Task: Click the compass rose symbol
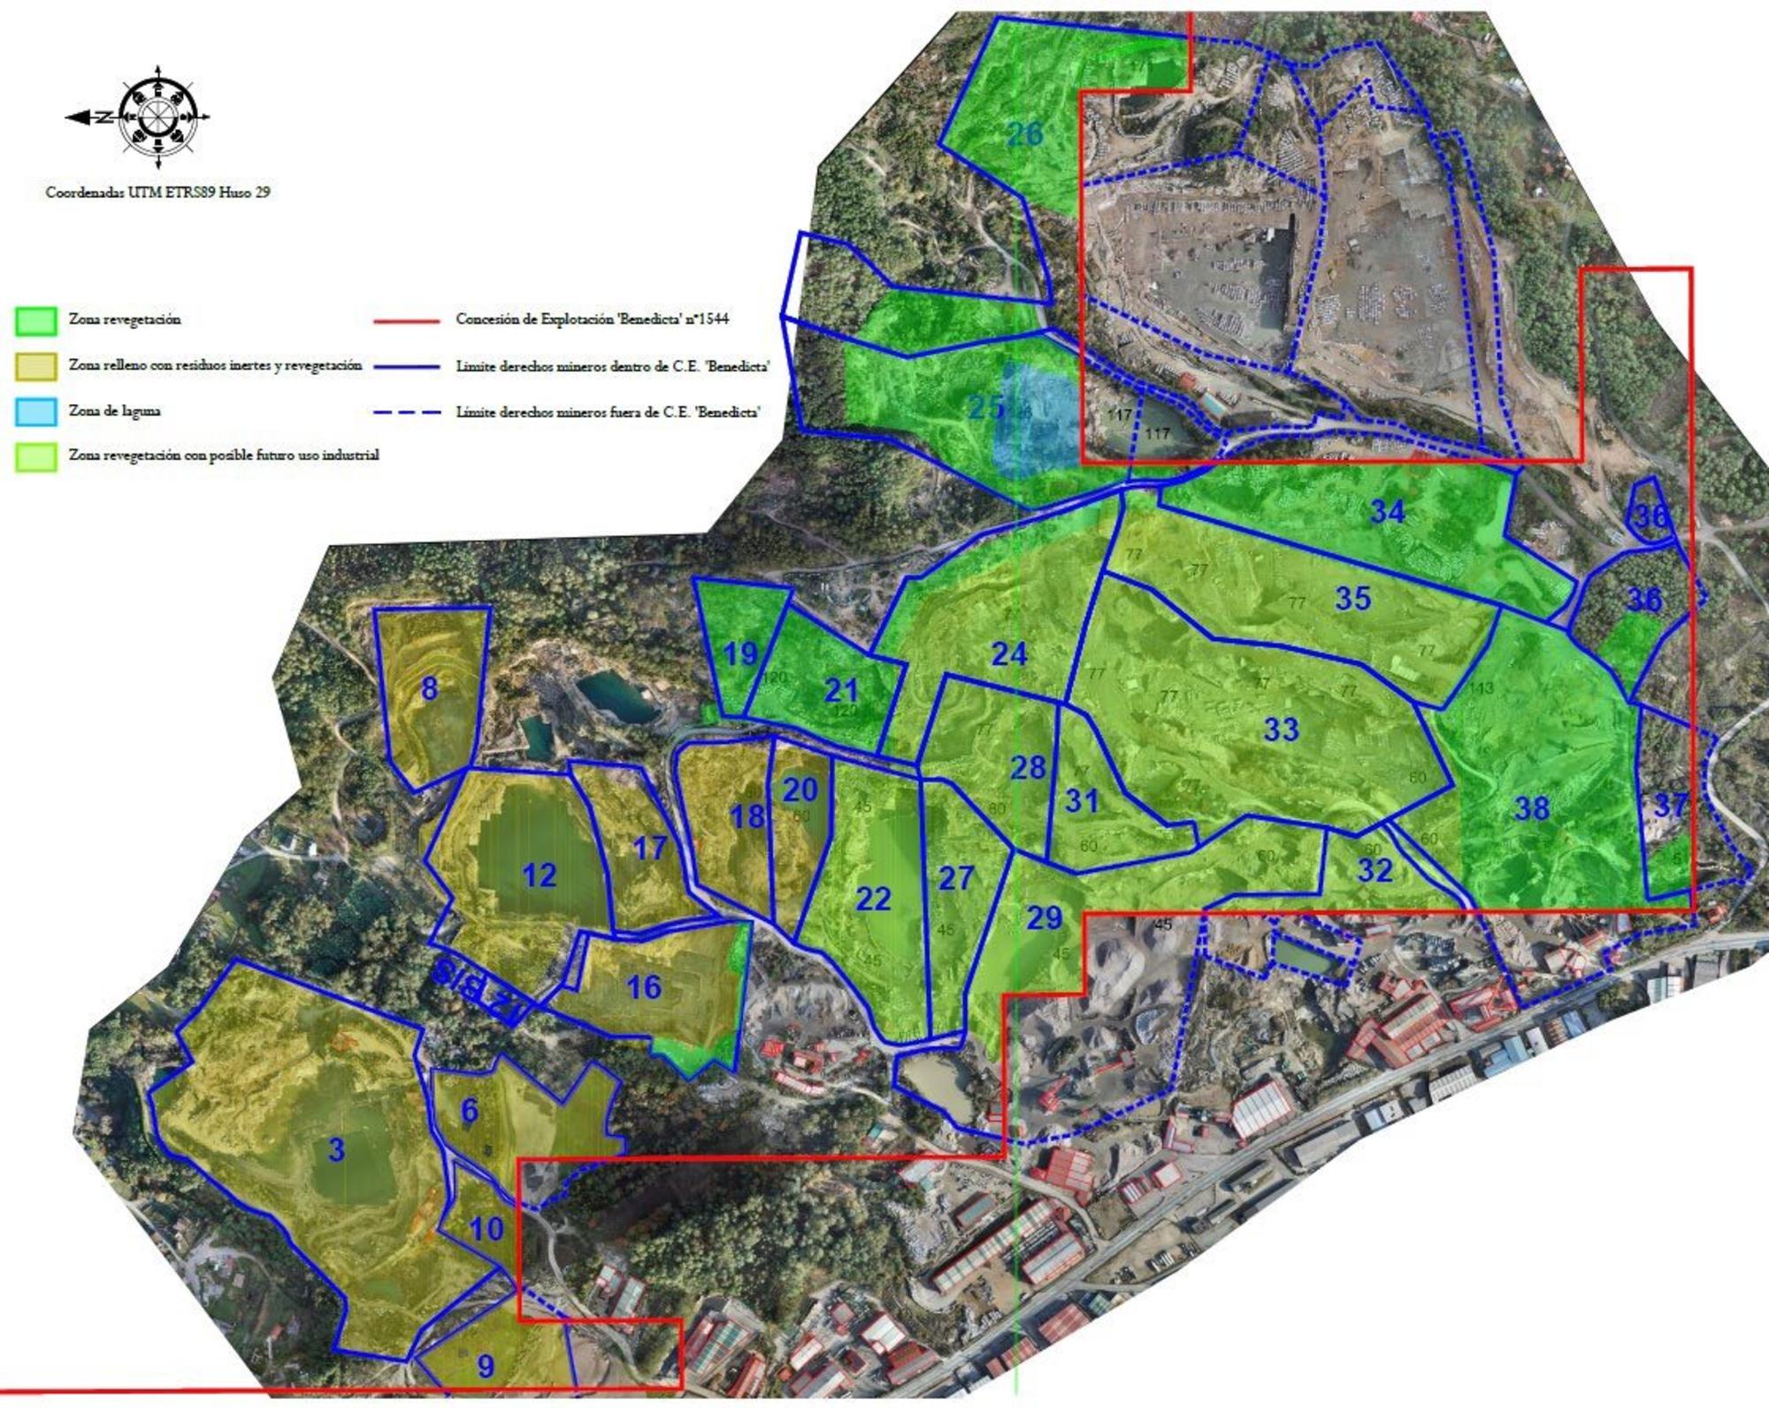point(157,117)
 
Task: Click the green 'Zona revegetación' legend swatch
point(36,321)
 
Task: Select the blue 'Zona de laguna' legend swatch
point(36,411)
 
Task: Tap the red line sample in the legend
point(407,320)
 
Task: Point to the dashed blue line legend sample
point(407,412)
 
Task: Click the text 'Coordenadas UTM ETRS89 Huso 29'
point(157,192)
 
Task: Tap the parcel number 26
point(1025,134)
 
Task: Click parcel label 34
point(1387,511)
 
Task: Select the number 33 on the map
point(1281,730)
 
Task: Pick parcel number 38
point(1532,807)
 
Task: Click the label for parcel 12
point(539,876)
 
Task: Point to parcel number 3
point(336,1150)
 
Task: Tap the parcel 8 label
point(429,688)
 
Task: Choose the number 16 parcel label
point(643,987)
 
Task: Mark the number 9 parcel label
point(486,1366)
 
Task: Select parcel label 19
point(740,654)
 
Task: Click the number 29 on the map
point(1044,918)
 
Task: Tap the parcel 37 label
point(1669,806)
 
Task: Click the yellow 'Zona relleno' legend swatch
point(36,366)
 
